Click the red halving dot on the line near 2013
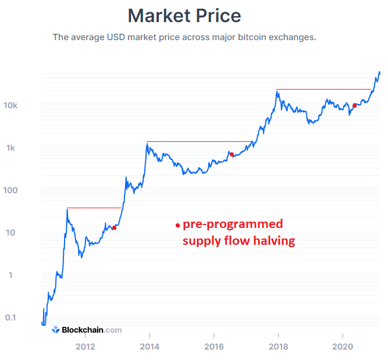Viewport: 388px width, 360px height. (114, 227)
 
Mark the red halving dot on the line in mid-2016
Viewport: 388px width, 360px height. (232, 154)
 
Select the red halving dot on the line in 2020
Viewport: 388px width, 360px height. (354, 105)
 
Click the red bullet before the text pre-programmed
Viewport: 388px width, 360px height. (177, 225)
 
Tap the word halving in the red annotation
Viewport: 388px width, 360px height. (272, 241)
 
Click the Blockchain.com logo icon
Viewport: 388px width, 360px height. (56, 330)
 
